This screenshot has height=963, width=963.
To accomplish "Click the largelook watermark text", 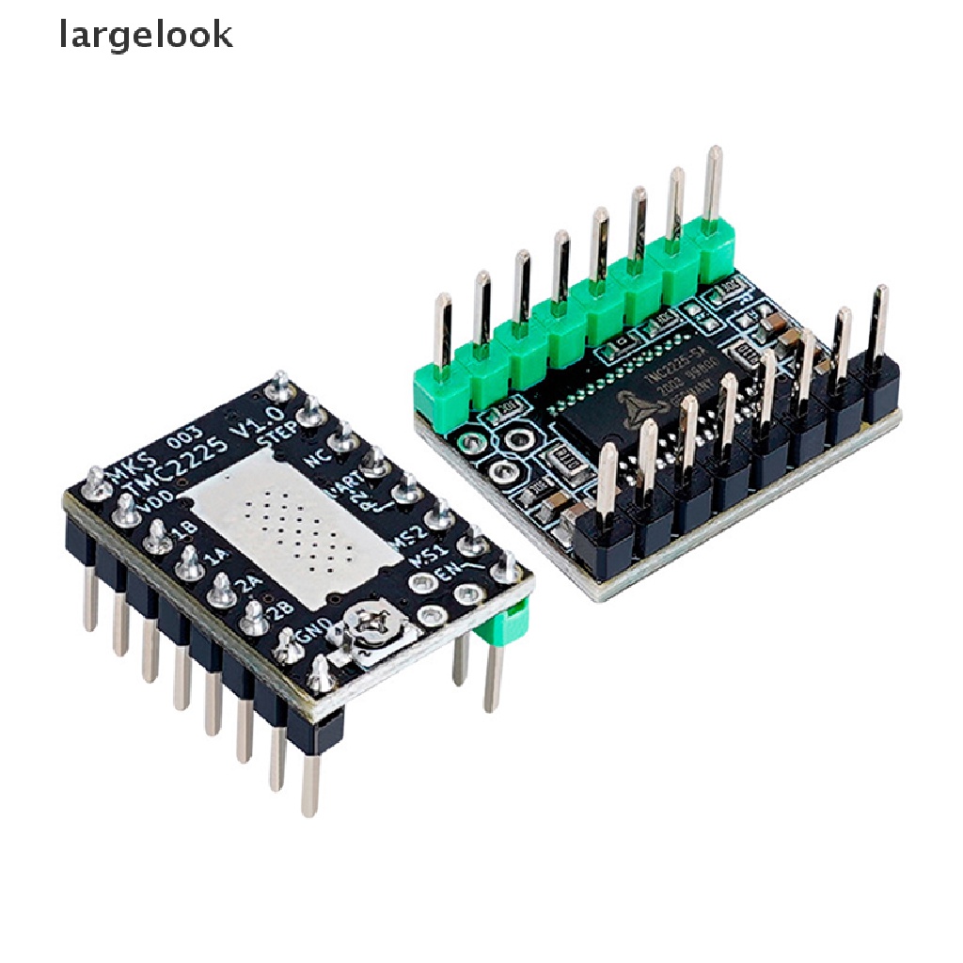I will click(146, 36).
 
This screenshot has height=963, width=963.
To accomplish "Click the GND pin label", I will click(309, 637).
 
